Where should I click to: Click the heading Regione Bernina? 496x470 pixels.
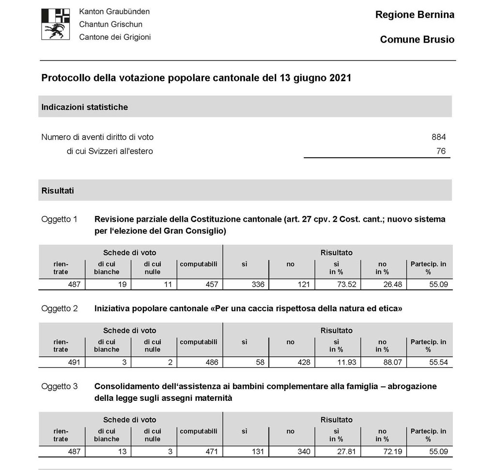(x=415, y=15)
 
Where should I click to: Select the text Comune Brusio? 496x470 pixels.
(x=417, y=40)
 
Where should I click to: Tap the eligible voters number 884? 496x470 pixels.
(x=438, y=137)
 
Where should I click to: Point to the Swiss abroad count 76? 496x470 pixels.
(x=440, y=152)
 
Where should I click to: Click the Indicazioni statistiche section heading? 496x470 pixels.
(x=85, y=107)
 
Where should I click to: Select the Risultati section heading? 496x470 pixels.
(x=58, y=191)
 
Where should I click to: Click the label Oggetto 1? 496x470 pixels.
(x=59, y=219)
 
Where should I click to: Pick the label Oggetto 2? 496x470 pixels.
(x=59, y=308)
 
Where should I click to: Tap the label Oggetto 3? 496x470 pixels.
(x=59, y=386)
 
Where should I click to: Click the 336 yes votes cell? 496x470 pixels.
(x=258, y=285)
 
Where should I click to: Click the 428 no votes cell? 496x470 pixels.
(x=304, y=363)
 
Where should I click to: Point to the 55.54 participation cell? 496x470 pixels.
(x=438, y=363)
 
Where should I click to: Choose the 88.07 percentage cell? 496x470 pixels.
(x=392, y=363)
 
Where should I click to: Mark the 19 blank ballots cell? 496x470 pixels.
(x=123, y=285)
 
